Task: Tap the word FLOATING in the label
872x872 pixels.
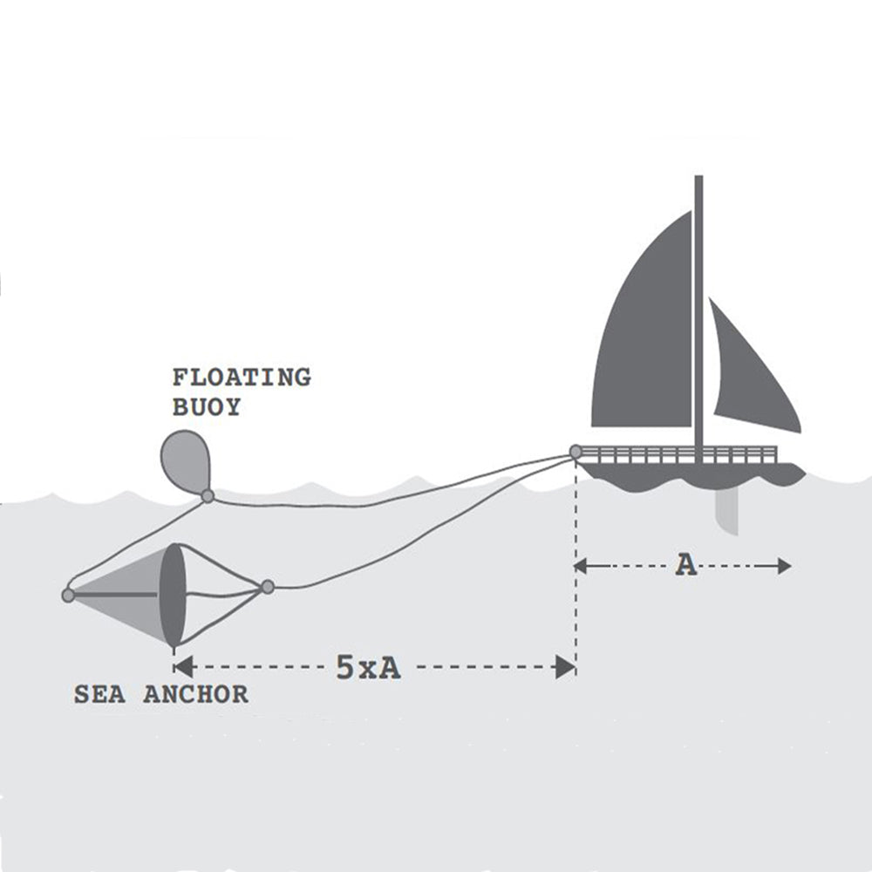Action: (241, 378)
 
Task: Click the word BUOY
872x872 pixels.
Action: (206, 407)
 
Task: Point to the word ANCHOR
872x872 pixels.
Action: (195, 695)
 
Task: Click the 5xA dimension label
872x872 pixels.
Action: (368, 668)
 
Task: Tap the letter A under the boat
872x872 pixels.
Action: (687, 566)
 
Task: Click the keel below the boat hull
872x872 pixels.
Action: (726, 510)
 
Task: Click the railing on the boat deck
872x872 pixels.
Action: (680, 454)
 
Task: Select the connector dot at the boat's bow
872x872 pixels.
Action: (576, 452)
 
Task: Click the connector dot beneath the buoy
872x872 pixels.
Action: (208, 496)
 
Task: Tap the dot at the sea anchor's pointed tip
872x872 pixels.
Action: (68, 596)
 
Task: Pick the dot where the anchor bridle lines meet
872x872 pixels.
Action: (268, 587)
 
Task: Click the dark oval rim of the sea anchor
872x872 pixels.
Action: (174, 595)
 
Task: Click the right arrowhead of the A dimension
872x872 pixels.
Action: (785, 566)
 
